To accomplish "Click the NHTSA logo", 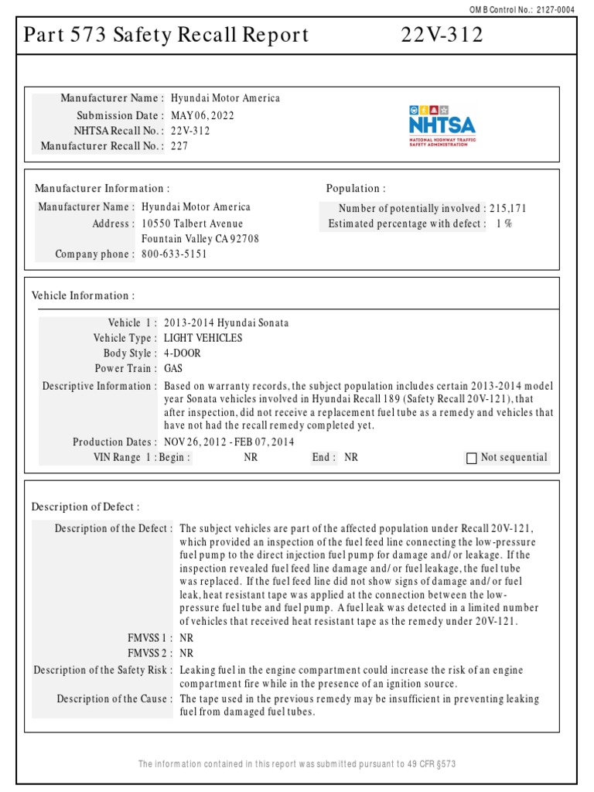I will [442, 124].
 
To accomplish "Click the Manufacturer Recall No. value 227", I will [179, 145].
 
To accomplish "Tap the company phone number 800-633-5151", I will [174, 254].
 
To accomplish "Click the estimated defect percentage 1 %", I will [504, 224].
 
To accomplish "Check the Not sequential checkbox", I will [472, 458].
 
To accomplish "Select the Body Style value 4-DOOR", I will [182, 353].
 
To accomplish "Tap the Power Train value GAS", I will [173, 369].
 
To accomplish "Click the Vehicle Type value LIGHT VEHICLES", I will [203, 338].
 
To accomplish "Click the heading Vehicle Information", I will [83, 295].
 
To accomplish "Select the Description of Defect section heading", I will [85, 507].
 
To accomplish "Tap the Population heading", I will [355, 188].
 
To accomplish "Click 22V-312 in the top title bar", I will [442, 35].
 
